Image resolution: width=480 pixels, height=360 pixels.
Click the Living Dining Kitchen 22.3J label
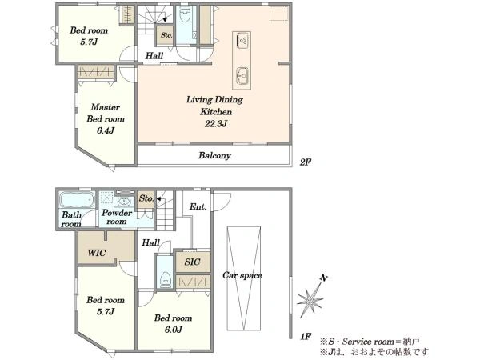click(214, 111)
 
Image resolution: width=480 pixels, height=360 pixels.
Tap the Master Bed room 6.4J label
click(106, 118)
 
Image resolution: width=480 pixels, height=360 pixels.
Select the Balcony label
click(214, 155)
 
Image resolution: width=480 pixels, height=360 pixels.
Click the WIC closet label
click(97, 253)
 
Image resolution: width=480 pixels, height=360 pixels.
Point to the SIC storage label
click(192, 262)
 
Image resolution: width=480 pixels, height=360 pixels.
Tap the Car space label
click(242, 275)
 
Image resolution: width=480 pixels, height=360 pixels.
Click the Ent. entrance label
click(198, 207)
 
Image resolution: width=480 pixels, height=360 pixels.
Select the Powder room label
click(117, 217)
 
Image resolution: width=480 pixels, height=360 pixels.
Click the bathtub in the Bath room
click(77, 199)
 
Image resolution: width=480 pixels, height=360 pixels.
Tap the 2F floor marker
click(306, 162)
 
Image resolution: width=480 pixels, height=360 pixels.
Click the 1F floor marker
click(306, 337)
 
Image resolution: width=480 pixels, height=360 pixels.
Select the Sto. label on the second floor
click(166, 35)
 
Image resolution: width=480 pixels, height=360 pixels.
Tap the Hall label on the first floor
click(150, 242)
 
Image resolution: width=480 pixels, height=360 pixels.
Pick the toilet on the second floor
click(186, 15)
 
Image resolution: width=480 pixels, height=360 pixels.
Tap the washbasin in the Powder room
click(124, 202)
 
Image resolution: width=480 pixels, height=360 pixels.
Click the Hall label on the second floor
click(154, 56)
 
